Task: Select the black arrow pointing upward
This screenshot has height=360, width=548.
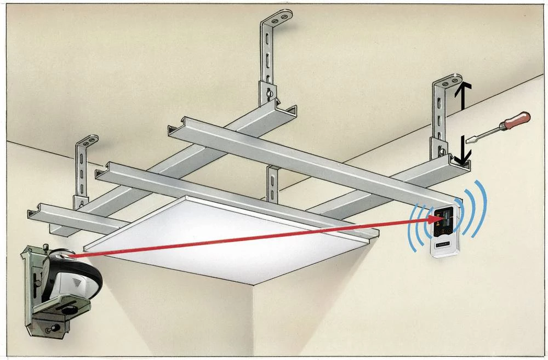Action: (x=463, y=93)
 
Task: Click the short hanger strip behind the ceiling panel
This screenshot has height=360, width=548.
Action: (x=272, y=184)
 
